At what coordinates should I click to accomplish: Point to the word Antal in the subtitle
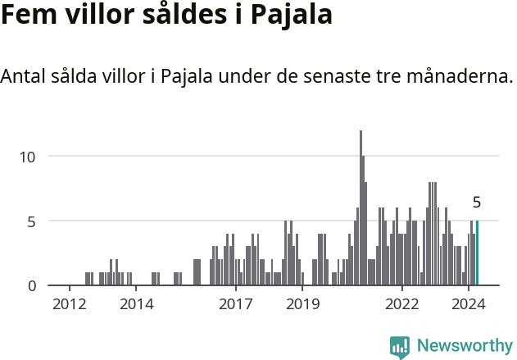point(25,77)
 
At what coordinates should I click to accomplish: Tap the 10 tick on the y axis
point(29,156)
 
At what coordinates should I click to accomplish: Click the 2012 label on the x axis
point(70,304)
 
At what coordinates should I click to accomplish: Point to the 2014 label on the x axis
point(136,304)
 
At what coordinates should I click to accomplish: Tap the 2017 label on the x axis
point(236,304)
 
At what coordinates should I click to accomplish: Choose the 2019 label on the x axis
point(302,304)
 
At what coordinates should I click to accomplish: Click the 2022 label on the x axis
point(402,304)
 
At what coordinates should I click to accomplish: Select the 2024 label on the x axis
point(469,304)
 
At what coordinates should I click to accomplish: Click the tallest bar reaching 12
point(361,208)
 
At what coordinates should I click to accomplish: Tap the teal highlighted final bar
point(477,253)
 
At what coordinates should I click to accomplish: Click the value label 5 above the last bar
point(477,203)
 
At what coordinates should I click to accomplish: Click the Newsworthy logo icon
point(399,346)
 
